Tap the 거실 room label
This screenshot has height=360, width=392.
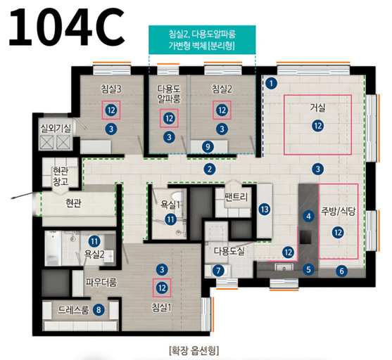(x=318, y=108)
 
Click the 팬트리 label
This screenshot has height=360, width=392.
(x=237, y=198)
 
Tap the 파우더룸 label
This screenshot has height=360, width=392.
(x=101, y=282)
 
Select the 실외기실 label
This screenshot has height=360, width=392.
(x=56, y=128)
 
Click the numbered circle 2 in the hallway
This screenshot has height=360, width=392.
(x=210, y=169)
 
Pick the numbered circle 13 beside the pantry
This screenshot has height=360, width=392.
(x=264, y=210)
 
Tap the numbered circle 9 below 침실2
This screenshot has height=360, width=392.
(x=207, y=146)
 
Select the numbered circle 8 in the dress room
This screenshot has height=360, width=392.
(x=99, y=308)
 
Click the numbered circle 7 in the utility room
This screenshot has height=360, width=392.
(x=219, y=271)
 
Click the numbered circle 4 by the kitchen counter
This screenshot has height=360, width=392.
(x=308, y=216)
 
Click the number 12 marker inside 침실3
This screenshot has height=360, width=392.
(x=110, y=110)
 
